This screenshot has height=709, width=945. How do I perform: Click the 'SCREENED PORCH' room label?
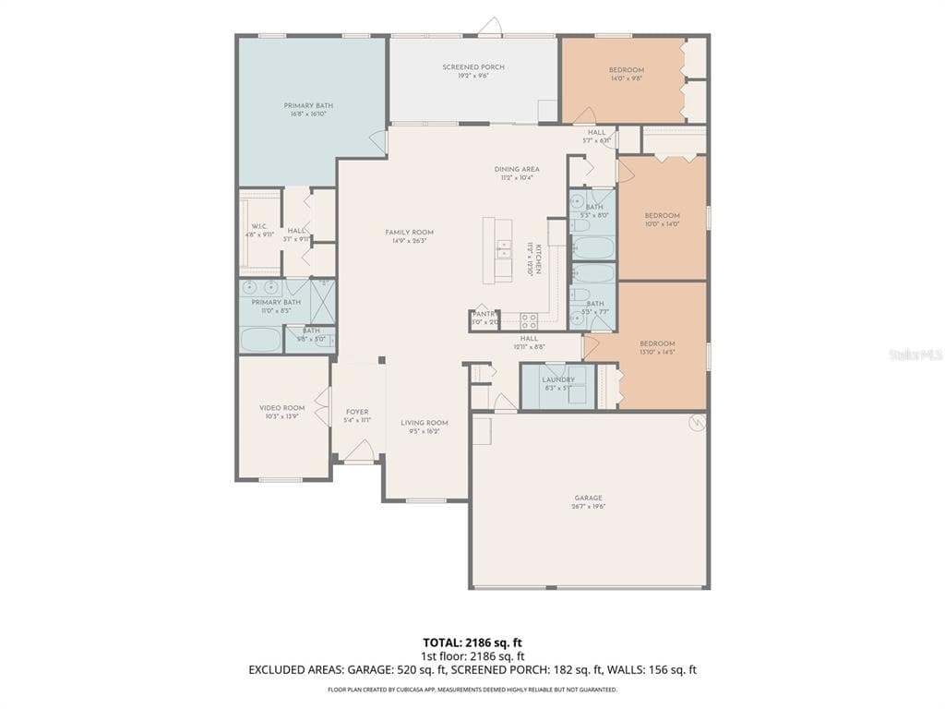click(x=472, y=67)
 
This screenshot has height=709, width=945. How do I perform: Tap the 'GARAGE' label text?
click(x=588, y=498)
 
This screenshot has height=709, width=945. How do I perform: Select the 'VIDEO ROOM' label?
click(x=281, y=408)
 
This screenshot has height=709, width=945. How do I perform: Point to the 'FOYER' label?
click(x=357, y=412)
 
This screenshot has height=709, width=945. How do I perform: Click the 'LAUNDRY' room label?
click(x=558, y=379)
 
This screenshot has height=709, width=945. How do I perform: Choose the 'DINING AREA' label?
click(x=517, y=169)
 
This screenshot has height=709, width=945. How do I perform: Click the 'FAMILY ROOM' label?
click(x=409, y=233)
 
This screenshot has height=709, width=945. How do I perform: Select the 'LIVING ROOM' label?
click(x=424, y=423)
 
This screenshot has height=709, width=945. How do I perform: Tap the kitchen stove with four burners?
click(x=529, y=320)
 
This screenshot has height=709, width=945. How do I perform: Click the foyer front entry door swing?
click(x=359, y=452)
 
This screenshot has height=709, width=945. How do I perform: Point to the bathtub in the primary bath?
click(x=260, y=339)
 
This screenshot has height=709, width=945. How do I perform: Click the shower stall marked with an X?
click(x=323, y=301)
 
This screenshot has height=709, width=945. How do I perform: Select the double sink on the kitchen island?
click(x=503, y=248)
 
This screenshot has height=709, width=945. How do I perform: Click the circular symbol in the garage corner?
click(x=697, y=423)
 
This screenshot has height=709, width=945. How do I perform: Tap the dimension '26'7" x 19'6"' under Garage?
click(x=588, y=507)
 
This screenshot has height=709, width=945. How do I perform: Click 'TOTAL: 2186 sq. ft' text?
click(x=472, y=643)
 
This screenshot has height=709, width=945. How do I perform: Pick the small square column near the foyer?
click(x=381, y=360)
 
